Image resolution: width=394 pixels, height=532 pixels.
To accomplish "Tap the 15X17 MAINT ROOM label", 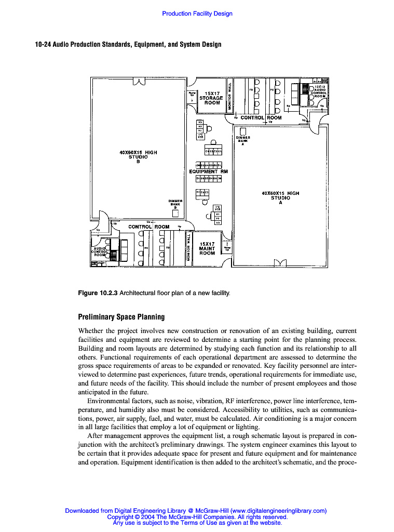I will [x=207, y=248].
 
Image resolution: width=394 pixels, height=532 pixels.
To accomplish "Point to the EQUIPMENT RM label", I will [x=208, y=171].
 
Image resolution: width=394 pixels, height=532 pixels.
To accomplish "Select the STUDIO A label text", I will [x=280, y=198].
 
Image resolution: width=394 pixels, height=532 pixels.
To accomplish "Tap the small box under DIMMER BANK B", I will [x=175, y=213].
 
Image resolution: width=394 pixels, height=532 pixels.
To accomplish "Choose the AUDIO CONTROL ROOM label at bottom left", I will [x=99, y=251].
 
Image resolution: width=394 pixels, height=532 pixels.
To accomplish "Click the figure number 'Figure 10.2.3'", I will [x=98, y=294].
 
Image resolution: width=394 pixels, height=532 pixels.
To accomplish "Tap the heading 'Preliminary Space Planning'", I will [x=121, y=317].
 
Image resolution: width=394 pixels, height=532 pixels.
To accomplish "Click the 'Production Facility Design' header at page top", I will [x=197, y=14].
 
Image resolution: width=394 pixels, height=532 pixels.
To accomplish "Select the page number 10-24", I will [x=42, y=44].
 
